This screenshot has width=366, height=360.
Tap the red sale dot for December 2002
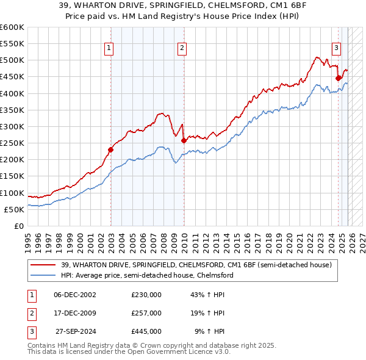pyautogui.click(x=111, y=149)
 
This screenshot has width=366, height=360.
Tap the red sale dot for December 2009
pyautogui.click(x=184, y=140)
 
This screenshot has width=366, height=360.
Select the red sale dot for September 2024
pyautogui.click(x=339, y=78)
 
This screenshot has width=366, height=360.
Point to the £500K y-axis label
pyautogui.click(x=12, y=60)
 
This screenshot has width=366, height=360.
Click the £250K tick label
pyautogui.click(x=12, y=143)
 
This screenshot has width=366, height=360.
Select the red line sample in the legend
pyautogui.click(x=43, y=265)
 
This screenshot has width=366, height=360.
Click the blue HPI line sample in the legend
pyautogui.click(x=43, y=275)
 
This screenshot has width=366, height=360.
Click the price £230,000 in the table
pyautogui.click(x=146, y=295)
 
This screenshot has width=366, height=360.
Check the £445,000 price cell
pyautogui.click(x=146, y=331)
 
